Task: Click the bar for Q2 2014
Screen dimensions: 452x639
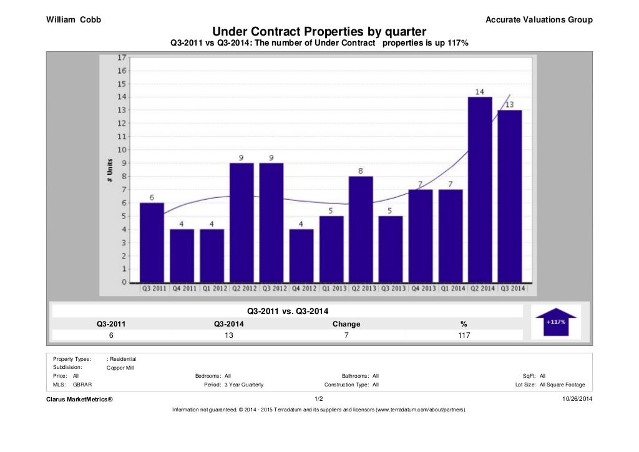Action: [x=480, y=189]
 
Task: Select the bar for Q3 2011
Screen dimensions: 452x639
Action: [x=152, y=242]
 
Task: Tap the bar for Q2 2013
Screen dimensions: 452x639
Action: [x=361, y=229]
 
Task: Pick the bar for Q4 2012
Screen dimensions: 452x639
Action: [x=301, y=255]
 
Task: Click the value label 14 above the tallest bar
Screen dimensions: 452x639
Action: [x=480, y=92]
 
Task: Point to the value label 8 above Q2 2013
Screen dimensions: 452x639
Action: [x=361, y=171]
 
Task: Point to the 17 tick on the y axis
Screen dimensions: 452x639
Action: [x=122, y=57]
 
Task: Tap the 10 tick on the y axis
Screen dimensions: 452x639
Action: [x=122, y=150]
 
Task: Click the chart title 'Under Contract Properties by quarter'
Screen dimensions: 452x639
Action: [x=319, y=31]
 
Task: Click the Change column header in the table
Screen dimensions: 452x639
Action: [x=346, y=324]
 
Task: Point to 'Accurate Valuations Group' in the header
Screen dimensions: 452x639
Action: [x=539, y=20]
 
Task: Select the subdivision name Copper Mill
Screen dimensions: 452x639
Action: [x=121, y=368]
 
